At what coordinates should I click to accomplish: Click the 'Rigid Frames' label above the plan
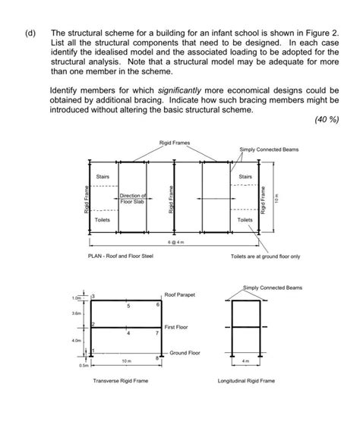pyautogui.click(x=175, y=143)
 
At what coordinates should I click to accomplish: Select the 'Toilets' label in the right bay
pyautogui.click(x=244, y=219)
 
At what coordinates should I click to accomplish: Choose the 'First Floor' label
pyautogui.click(x=177, y=326)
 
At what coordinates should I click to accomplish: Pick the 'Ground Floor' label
pyautogui.click(x=184, y=353)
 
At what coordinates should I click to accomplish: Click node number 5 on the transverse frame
pyautogui.click(x=128, y=306)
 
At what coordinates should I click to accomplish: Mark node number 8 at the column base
pyautogui.click(x=156, y=356)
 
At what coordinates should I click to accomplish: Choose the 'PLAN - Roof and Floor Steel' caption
pyautogui.click(x=121, y=256)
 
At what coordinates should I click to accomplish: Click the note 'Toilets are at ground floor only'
pyautogui.click(x=265, y=256)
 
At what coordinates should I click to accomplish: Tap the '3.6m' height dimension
pyautogui.click(x=76, y=313)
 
